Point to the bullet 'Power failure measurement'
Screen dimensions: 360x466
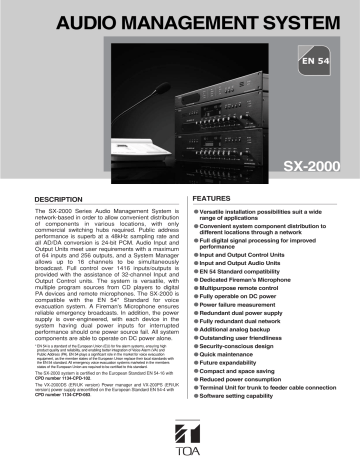tap(244, 309)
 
